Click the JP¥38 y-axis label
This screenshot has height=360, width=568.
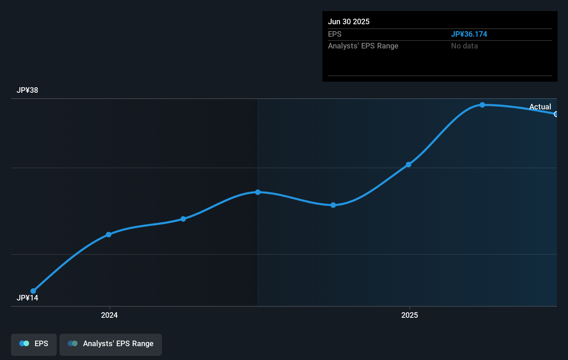coord(27,90)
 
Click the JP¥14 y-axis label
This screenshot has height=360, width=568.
coord(27,298)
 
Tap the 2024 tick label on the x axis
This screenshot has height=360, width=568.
coord(109,315)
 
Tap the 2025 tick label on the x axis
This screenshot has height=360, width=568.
coord(410,315)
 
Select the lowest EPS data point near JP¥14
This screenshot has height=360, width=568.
coord(33,291)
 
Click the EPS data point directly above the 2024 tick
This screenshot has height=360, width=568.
coord(109,235)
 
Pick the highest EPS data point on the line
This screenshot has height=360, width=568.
coord(482,105)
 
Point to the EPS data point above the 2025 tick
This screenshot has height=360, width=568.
coord(409,164)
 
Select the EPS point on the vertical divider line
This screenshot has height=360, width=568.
coord(258,192)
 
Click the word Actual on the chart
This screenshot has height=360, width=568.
coord(540,107)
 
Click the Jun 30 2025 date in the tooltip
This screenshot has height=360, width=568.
coord(349,21)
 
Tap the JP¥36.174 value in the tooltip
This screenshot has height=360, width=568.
coord(469,34)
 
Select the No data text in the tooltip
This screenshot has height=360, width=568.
coord(464,46)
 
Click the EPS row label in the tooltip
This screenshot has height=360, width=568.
coord(335,34)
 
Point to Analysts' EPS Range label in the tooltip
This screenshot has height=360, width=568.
coord(363,46)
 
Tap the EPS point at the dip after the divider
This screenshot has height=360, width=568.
coord(333,205)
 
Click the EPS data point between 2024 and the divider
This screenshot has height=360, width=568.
coord(183,219)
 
